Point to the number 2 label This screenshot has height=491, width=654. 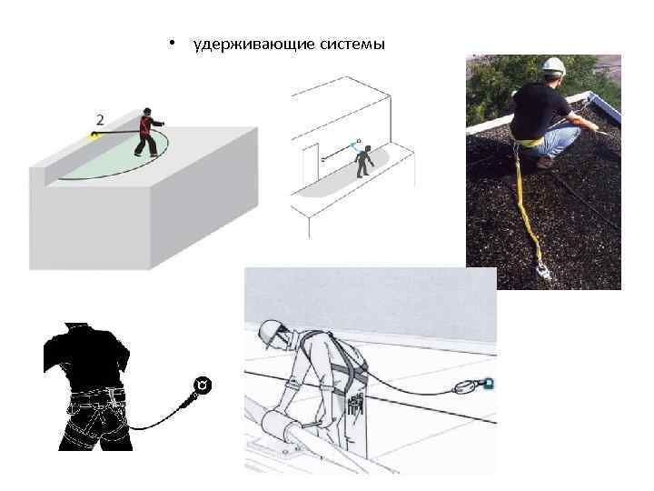point(98,119)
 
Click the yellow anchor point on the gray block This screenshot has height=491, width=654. point(93,135)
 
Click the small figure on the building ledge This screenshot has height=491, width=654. point(363,160)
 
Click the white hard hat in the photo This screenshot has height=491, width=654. point(553,66)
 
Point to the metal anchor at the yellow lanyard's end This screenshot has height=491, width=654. point(543,269)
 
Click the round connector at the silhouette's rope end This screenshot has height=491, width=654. point(203,386)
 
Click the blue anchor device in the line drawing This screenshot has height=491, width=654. point(488,384)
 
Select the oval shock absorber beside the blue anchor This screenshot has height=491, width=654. point(466,387)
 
